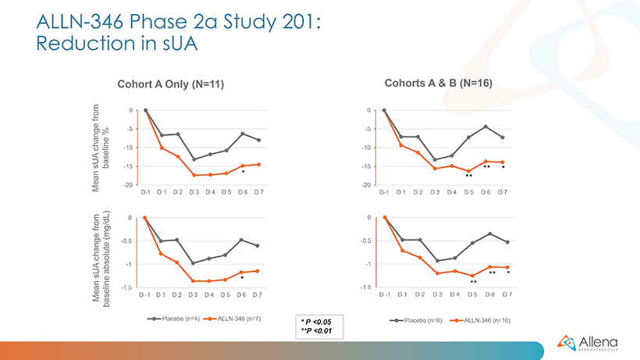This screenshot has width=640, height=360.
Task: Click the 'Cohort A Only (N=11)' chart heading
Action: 170,84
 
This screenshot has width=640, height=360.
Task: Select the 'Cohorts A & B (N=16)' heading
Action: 437,82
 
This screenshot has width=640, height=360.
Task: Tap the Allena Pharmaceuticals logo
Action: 587,341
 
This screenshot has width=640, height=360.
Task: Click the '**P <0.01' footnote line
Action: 317,330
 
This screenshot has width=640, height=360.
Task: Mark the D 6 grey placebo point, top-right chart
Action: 485,127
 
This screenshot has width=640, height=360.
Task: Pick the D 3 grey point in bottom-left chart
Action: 194,263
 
